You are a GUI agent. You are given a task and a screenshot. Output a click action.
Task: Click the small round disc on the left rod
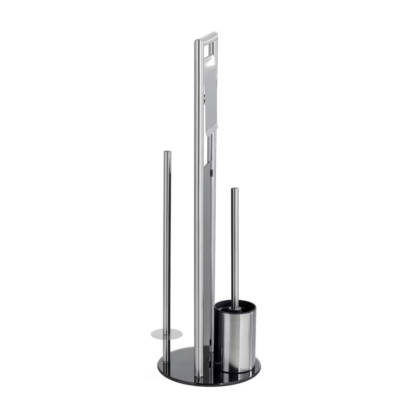click(166, 334)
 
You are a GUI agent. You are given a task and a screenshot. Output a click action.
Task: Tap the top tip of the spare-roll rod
click(167, 153)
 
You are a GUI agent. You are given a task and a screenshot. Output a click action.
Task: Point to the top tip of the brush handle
click(235, 189)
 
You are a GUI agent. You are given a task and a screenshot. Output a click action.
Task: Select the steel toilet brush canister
click(235, 340)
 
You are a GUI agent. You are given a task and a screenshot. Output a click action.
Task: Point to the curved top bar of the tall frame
click(207, 37)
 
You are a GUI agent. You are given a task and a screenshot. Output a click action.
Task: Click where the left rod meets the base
click(166, 361)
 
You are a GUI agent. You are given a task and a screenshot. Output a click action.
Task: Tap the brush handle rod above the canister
click(235, 246)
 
